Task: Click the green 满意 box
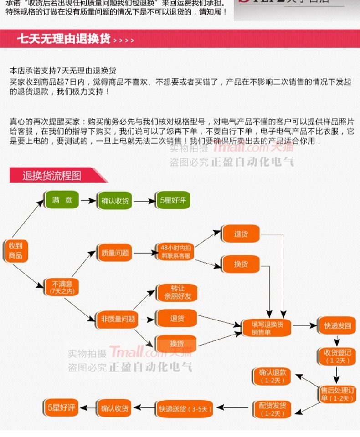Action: click(62, 200)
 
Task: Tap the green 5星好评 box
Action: click(172, 200)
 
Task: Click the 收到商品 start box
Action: click(15, 250)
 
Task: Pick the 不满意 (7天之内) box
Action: click(62, 287)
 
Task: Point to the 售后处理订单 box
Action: click(338, 394)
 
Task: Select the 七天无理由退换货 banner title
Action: click(64, 39)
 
